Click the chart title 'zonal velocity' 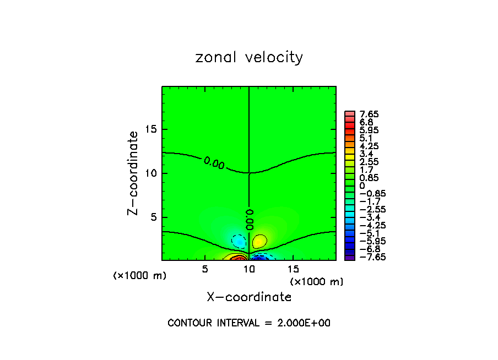tap(249, 57)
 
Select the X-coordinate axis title tap(249, 297)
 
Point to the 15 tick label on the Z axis tap(151, 129)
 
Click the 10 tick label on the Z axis tap(151, 173)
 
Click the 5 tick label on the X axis tap(205, 269)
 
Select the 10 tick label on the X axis tap(249, 269)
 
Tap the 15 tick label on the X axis tap(293, 269)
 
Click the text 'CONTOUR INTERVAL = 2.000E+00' tap(249, 323)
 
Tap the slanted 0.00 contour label tap(214, 162)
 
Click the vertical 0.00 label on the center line tap(249, 219)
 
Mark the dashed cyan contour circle tap(239, 241)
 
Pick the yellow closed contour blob tap(259, 241)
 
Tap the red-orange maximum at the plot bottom tap(238, 258)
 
